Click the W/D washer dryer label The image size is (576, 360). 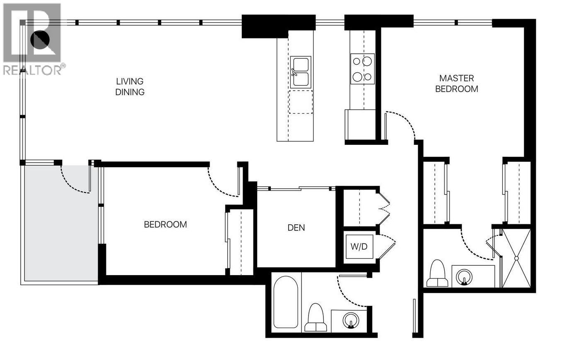coord(359,247)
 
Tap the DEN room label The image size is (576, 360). coord(296,228)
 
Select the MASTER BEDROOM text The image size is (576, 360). coord(456,84)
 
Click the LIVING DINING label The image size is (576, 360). coord(130,87)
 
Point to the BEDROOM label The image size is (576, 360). coord(165,225)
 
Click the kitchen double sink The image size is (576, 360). coord(301,72)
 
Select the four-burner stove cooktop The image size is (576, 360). coord(362,69)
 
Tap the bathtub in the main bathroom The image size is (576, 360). coord(286,302)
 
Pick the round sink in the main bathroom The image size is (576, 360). coord(352,320)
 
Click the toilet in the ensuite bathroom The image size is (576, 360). coord(437,274)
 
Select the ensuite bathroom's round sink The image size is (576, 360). coord(464,277)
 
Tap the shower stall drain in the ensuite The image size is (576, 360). coord(516,258)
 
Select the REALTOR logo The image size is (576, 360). coord(33,39)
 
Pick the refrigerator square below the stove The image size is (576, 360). coord(361,125)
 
